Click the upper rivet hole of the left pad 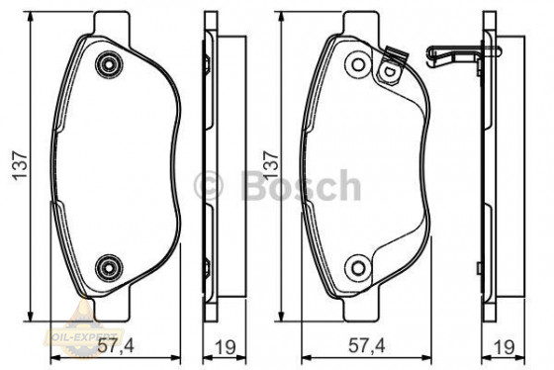point(107,65)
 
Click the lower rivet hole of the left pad point(106,264)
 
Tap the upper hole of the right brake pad point(356,64)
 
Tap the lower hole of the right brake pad point(357,264)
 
